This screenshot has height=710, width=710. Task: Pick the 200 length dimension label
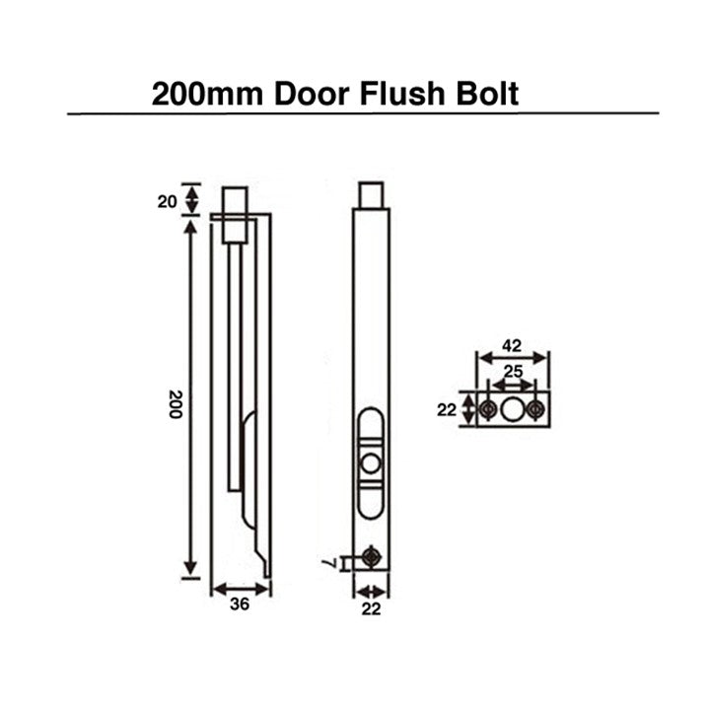pos(174,403)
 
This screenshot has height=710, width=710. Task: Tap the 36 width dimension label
pos(237,605)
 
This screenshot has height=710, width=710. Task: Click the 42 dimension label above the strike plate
pos(512,346)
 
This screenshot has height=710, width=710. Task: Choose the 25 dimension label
pos(513,372)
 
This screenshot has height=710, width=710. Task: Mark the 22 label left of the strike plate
pos(447,409)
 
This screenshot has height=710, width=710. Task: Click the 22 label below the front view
pos(370,609)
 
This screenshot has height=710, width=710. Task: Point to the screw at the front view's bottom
pos(371,557)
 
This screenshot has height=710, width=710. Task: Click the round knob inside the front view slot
pos(370,463)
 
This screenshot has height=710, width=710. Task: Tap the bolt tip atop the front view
pos(371,194)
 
